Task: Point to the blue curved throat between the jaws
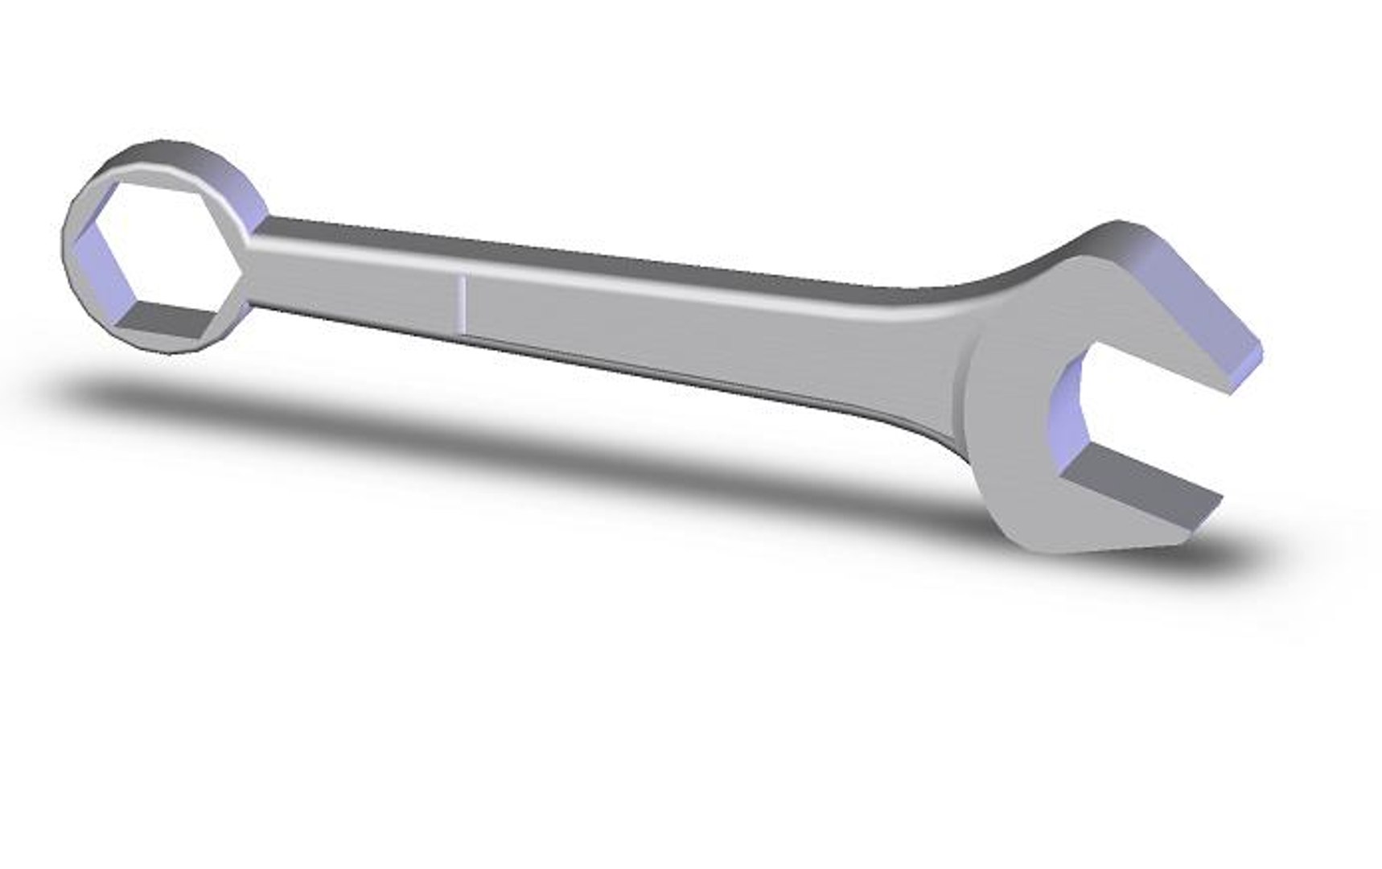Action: point(1066,410)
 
